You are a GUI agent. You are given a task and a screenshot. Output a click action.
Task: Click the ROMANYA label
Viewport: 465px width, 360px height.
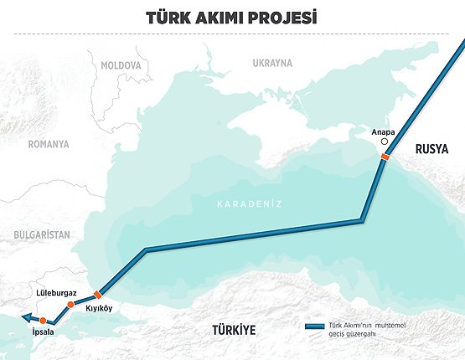click(x=48, y=144)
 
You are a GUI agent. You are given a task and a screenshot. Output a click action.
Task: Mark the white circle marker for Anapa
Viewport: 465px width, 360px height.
click(x=385, y=141)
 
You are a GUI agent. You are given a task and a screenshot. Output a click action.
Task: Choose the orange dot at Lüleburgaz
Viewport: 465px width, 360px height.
click(x=70, y=305)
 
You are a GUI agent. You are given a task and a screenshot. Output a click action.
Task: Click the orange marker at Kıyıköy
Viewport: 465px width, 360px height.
click(x=98, y=294)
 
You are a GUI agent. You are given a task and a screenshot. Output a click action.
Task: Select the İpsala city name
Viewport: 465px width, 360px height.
click(x=43, y=332)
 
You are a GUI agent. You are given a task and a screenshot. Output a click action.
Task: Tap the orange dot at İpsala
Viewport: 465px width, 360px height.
click(x=44, y=321)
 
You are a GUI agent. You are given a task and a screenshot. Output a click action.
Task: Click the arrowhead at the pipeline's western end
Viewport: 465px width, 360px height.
click(x=27, y=317)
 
